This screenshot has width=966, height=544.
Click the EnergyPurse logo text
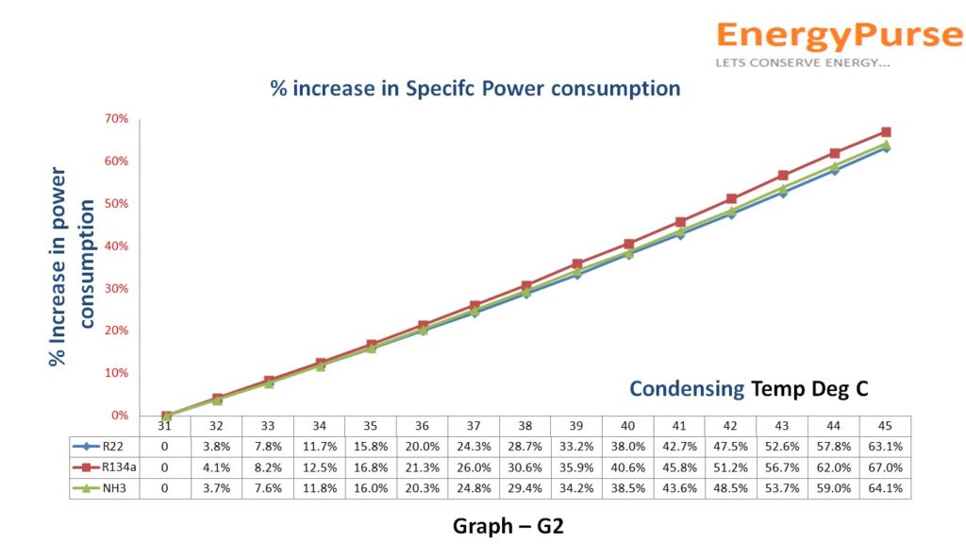point(840,36)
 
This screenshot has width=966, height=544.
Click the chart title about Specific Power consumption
point(475,89)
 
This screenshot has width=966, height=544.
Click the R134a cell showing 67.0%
point(885,467)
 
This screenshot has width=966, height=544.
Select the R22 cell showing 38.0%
point(628,446)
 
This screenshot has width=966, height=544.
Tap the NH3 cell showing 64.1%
point(885,488)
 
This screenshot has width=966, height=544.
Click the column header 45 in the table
point(885,426)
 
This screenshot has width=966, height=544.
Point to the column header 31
point(166,426)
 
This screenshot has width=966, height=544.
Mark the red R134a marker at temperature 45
point(886,132)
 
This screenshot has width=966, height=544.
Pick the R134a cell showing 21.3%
point(423,467)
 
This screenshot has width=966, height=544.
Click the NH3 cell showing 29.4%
point(525,488)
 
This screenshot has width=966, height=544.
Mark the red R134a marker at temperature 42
point(731,199)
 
